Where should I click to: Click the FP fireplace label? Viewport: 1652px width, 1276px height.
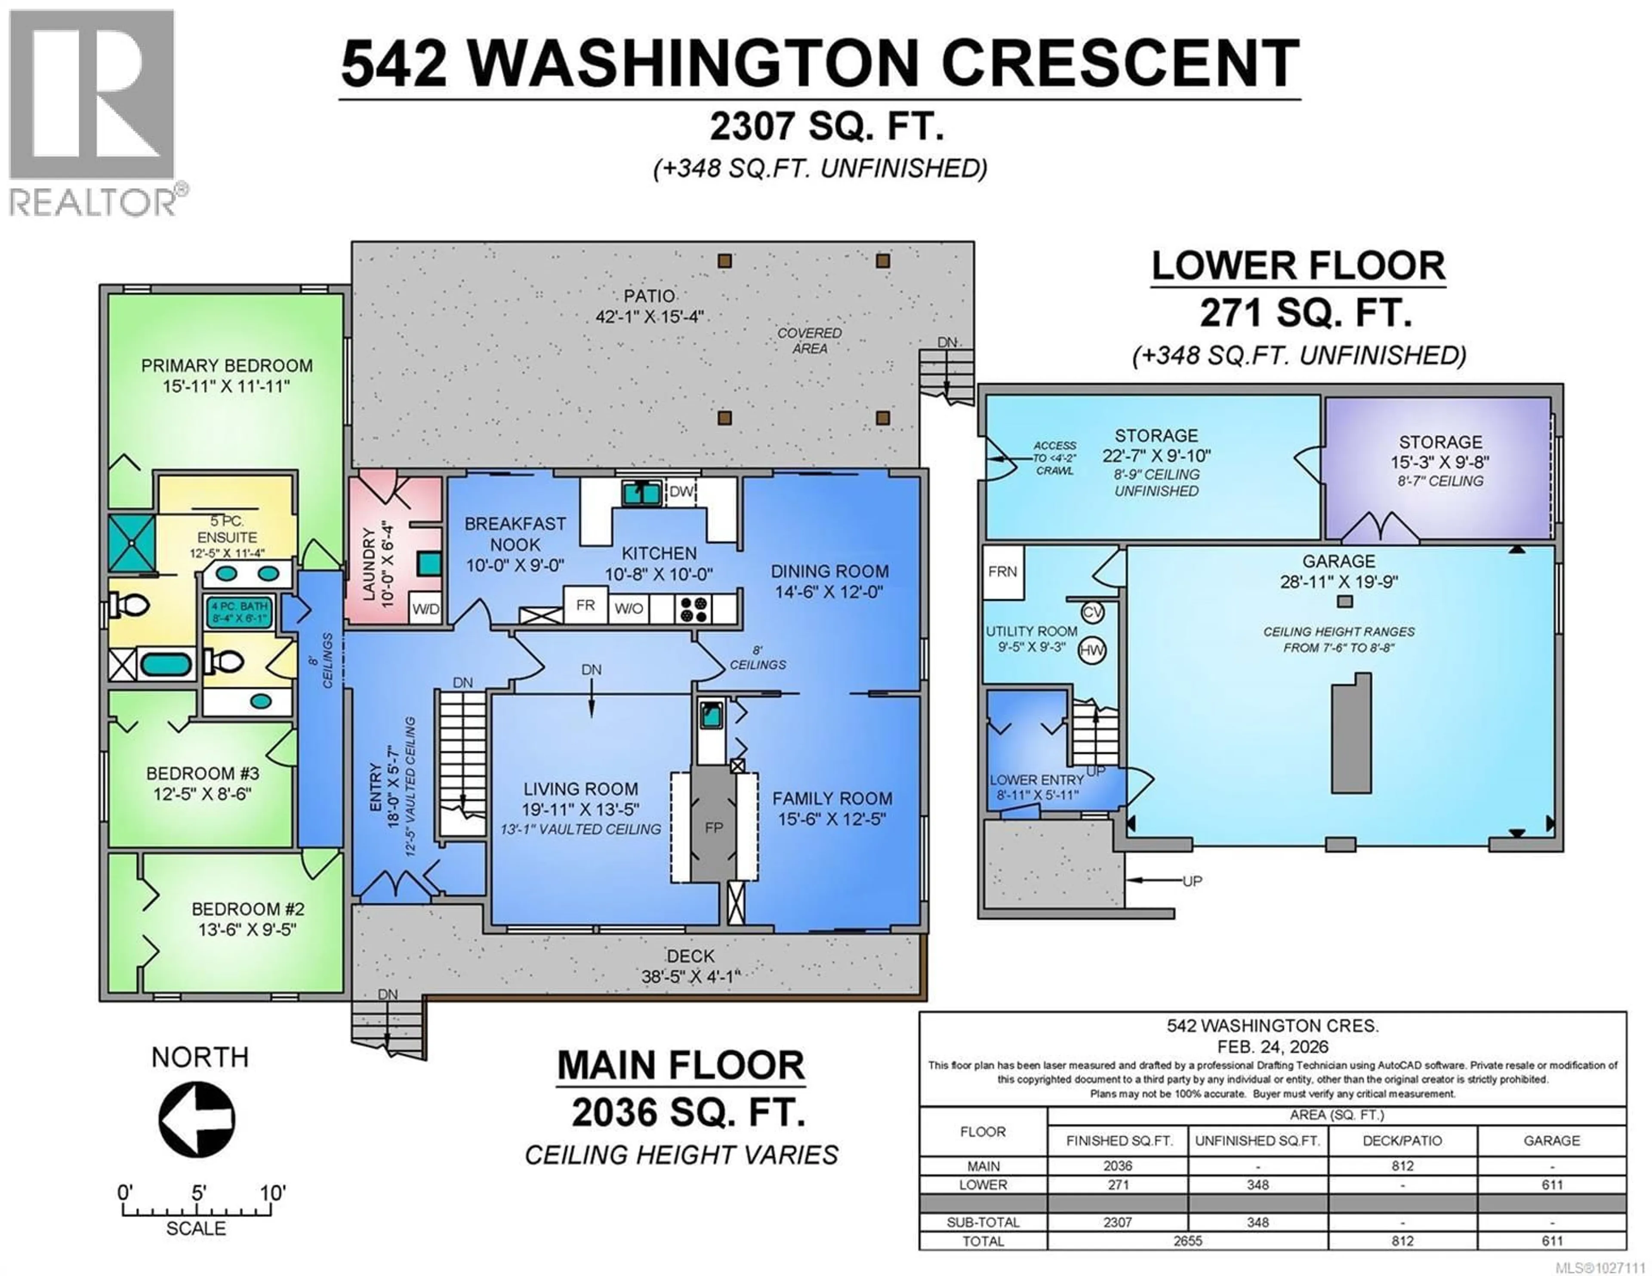[x=713, y=827]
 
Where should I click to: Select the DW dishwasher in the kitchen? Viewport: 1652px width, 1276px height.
[x=681, y=492]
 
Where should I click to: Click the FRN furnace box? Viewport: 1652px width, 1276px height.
[x=1002, y=572]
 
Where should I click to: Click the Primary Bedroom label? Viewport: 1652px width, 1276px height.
[x=227, y=366]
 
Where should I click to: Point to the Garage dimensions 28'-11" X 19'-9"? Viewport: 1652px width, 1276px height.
[x=1338, y=581]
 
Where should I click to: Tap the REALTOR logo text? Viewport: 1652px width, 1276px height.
[x=92, y=203]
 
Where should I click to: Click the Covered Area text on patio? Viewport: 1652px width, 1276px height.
[x=809, y=340]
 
